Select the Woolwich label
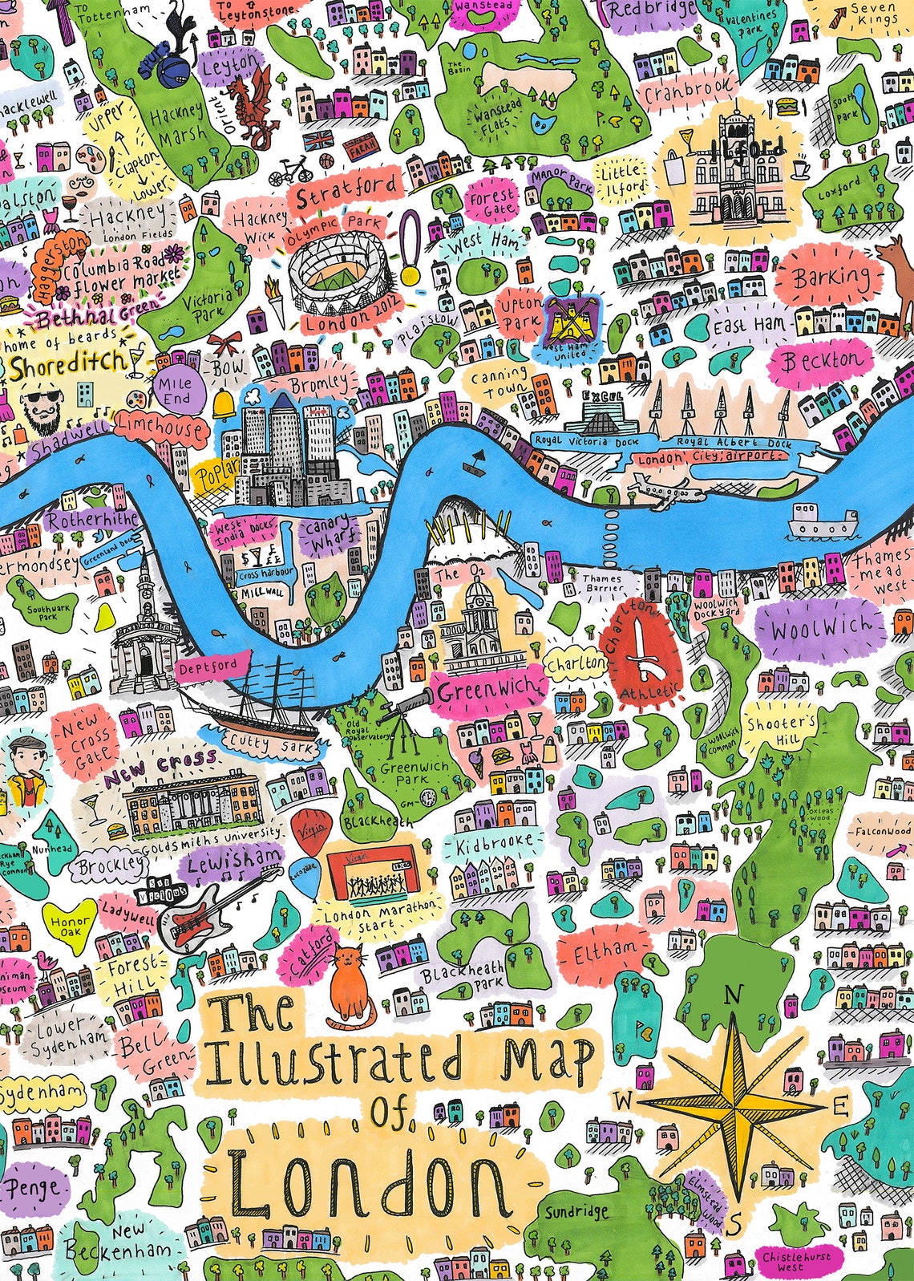point(819,628)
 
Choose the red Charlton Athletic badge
point(639,650)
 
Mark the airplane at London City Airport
point(659,488)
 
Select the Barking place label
point(831,278)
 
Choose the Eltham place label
point(605,952)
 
